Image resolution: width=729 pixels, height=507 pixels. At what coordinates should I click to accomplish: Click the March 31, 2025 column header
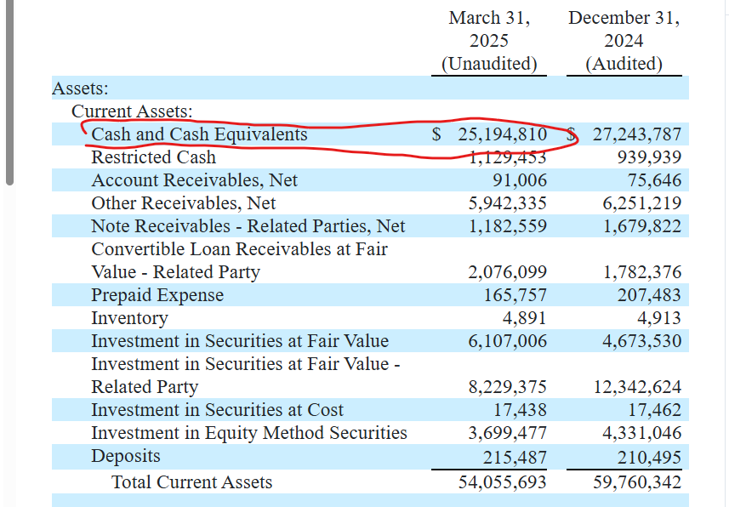click(489, 41)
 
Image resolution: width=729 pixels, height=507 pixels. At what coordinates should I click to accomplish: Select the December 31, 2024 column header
click(624, 41)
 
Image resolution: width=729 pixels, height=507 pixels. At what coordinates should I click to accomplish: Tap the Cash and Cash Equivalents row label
click(199, 134)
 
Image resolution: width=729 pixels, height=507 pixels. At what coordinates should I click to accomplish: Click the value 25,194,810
click(502, 134)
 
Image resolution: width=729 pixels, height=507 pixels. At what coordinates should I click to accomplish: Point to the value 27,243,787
click(637, 134)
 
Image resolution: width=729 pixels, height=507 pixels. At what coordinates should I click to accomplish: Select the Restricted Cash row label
click(153, 157)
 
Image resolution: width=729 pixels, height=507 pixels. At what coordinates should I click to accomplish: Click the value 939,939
click(649, 157)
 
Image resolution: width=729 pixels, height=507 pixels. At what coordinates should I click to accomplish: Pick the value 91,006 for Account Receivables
click(520, 180)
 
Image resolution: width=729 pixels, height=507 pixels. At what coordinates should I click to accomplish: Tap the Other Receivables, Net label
click(184, 203)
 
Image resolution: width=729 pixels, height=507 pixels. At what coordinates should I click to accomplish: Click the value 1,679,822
click(642, 226)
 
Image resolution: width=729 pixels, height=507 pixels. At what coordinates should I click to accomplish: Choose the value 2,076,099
click(507, 272)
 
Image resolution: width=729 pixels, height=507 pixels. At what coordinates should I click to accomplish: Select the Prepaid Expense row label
click(157, 295)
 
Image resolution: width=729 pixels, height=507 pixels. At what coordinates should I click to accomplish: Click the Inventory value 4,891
click(525, 318)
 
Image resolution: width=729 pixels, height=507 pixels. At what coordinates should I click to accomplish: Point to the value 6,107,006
click(507, 341)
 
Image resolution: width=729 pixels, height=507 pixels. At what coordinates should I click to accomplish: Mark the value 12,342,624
click(637, 387)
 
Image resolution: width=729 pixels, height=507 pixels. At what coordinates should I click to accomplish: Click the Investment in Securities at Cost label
click(217, 410)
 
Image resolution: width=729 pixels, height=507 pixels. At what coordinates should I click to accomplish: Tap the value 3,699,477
click(507, 433)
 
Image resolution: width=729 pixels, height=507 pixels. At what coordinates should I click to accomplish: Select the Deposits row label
click(126, 456)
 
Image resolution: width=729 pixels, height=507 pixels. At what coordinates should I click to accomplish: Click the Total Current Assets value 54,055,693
click(502, 481)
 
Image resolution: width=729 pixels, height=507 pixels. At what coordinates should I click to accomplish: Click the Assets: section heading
click(80, 88)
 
